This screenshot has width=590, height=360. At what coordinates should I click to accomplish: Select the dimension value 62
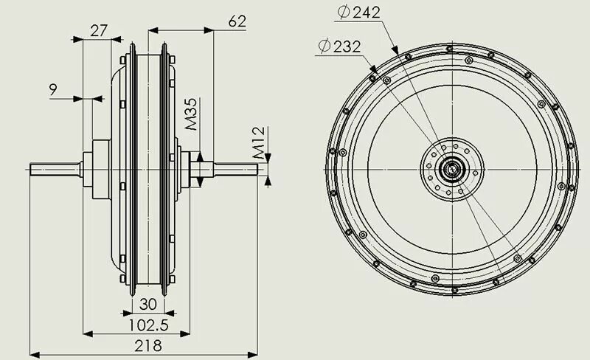pos(237,21)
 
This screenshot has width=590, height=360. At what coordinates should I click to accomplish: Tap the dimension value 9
pos(53,90)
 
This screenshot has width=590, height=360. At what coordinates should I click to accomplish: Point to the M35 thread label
pos(190,114)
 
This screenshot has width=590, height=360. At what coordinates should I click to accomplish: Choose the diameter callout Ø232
pos(339,46)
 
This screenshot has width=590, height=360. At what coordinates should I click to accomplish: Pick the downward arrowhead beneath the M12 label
pos(269,157)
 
